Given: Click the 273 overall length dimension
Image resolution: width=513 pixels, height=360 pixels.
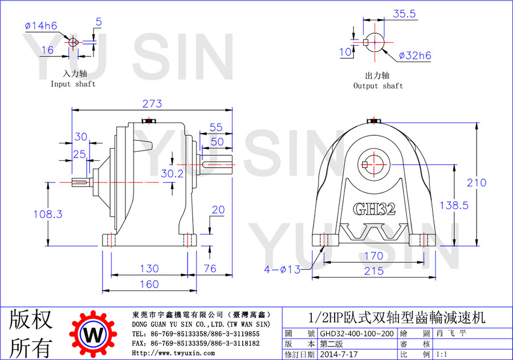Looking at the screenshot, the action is coord(152,103).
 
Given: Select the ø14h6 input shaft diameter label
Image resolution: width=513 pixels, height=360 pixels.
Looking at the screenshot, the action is coord(41,26).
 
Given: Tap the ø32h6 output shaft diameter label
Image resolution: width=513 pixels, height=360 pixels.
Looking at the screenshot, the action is coord(415,55).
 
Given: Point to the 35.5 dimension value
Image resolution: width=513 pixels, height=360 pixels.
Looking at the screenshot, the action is coord(404,14).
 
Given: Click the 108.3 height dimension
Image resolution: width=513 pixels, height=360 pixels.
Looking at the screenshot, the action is coord(48,214).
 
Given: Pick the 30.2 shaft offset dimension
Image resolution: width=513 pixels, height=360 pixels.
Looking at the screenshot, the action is coord(172,173).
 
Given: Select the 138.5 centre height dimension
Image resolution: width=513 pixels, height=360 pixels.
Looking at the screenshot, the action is coord(454,205).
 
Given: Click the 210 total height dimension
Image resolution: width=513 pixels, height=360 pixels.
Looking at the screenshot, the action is coord(477,183).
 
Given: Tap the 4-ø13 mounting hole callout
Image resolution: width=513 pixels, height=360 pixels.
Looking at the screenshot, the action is coord(282,269).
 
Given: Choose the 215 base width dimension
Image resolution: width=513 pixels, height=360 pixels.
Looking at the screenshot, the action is coord(374,271).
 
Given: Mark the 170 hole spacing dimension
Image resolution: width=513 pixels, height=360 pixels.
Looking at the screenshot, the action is coord(373,256).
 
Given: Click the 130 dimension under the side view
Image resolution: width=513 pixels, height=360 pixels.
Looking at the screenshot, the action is coord(149,269).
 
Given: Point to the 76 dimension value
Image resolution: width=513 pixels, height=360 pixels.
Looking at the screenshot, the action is coord(210,269).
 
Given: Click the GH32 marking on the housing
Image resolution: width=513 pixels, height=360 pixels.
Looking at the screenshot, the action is coord(374,209).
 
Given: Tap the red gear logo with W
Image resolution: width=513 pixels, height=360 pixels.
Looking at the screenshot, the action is coord(93,334).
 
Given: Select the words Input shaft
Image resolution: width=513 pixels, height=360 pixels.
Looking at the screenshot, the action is coord(73,84).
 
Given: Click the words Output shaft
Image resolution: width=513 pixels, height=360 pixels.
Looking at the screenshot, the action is coord(378,86).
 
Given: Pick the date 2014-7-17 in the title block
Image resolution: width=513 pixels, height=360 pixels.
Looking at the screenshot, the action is coord(339,354).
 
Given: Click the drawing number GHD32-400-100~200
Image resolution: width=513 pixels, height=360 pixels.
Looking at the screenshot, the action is coord(357,334).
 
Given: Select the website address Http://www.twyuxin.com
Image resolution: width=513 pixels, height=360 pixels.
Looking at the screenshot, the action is coord(173,353).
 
